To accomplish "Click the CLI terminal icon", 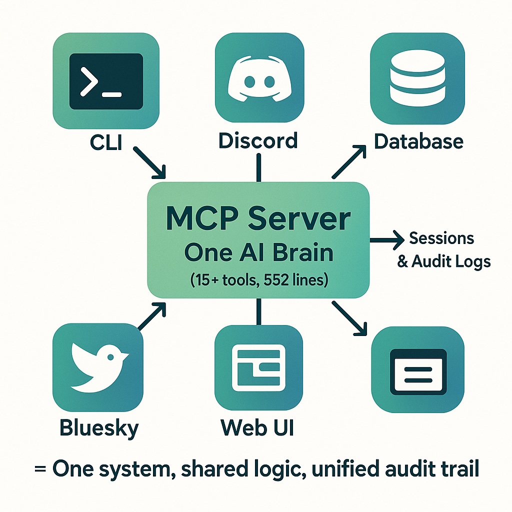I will coord(106,81).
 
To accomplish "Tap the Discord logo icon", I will coord(259,80).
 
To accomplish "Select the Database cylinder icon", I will coord(417,80).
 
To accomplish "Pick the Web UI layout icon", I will coord(258,368).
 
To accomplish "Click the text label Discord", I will coord(258,140).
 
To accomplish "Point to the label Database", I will coord(418,141).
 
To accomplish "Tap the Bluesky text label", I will coord(99,428).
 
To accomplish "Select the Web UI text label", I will coord(257,428).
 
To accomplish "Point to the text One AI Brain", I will coord(258,253).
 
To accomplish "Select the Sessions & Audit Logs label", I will coord(443,249).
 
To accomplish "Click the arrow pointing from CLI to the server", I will coord(150,162).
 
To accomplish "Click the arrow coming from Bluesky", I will coord(151,316).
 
